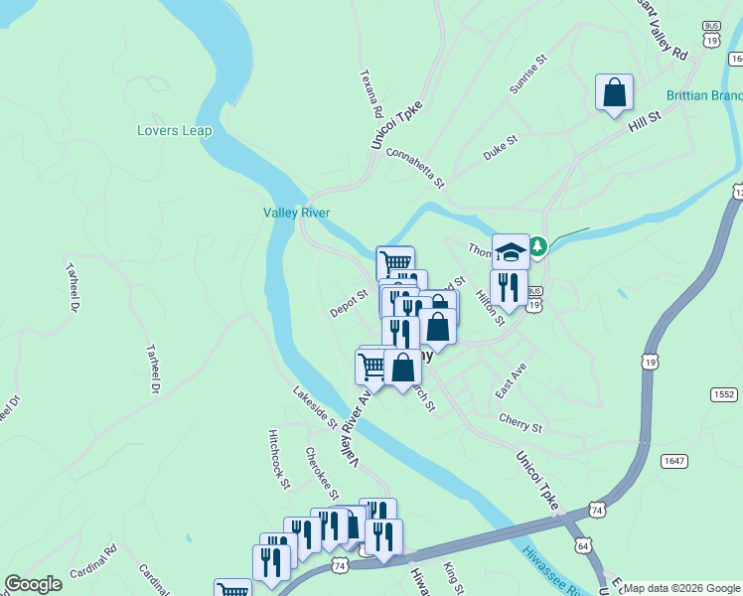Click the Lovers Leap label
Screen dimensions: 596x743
click(x=174, y=130)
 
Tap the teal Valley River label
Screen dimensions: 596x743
click(x=296, y=213)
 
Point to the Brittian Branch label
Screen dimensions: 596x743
click(x=704, y=95)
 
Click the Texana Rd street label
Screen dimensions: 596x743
click(x=367, y=91)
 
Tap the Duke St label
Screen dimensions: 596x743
click(x=501, y=147)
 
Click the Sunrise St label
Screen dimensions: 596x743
click(x=528, y=75)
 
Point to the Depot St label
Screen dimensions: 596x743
click(x=349, y=303)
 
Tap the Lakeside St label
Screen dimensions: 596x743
click(x=315, y=407)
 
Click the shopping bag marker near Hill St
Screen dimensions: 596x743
click(x=614, y=92)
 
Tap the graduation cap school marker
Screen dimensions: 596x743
click(x=511, y=250)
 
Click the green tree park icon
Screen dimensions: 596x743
click(x=537, y=245)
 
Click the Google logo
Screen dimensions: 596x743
click(x=33, y=583)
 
